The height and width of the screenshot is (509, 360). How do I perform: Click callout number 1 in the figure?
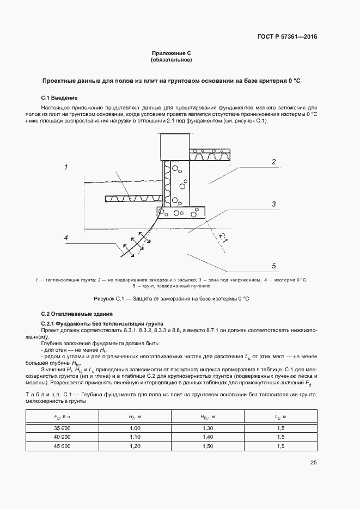[65, 167]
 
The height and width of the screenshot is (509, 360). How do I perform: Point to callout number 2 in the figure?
[274, 162]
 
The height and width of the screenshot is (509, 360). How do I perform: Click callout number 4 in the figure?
[65, 238]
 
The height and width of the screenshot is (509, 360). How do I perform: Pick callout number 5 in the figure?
[274, 266]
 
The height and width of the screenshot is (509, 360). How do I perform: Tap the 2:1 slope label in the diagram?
[223, 237]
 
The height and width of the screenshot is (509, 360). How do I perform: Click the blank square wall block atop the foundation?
[174, 146]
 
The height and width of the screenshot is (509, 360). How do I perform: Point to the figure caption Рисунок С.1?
[171, 298]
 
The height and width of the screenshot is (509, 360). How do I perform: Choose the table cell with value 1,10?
[135, 437]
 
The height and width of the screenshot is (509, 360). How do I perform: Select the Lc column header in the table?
[280, 417]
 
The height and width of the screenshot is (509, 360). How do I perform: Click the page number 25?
[313, 463]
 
